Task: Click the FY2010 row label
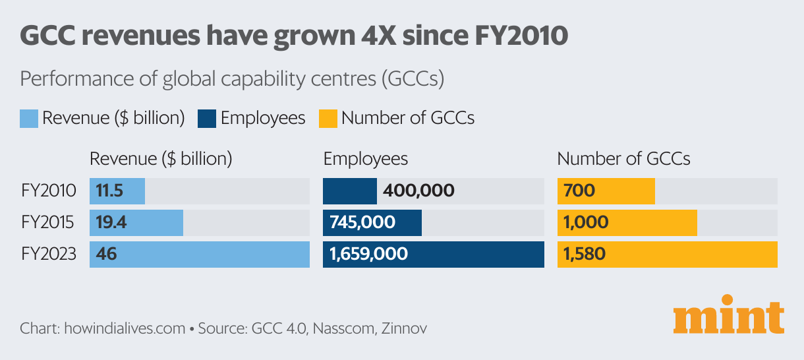tap(48, 191)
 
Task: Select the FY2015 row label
tap(48, 222)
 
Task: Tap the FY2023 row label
tap(48, 254)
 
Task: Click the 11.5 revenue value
tap(110, 191)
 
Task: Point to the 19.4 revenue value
tap(111, 222)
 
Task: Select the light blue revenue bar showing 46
tap(200, 254)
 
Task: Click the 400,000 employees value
tap(418, 191)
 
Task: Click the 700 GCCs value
tap(579, 191)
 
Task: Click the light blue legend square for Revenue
tap(29, 119)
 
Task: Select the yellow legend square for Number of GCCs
tap(328, 119)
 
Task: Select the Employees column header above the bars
tap(366, 159)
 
